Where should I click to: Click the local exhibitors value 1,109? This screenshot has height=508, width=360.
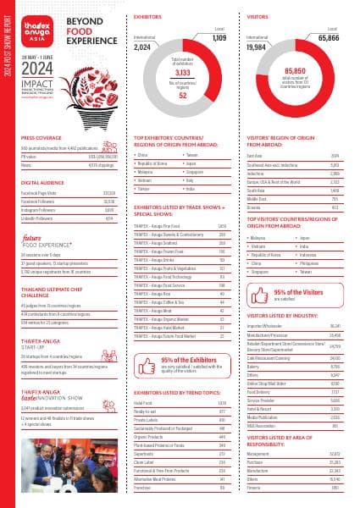(x=219, y=38)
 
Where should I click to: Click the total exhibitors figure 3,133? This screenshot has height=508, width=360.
(x=180, y=74)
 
